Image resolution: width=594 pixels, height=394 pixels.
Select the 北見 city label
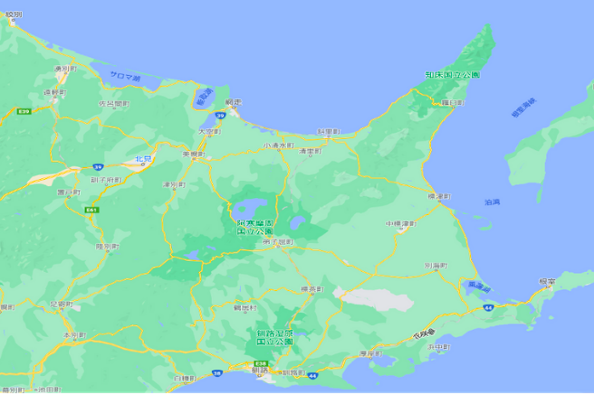point(142,159)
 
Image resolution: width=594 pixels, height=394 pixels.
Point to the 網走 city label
point(234,103)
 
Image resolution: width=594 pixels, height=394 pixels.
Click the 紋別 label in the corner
point(13,14)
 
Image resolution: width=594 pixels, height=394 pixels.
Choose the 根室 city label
point(548,281)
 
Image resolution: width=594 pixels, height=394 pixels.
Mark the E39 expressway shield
point(24,111)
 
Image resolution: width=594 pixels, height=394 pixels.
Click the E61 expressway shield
point(92,210)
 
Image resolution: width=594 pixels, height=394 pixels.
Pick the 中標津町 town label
point(399,222)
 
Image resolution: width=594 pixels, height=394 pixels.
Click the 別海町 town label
point(436,266)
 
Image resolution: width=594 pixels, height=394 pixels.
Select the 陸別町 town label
point(107,245)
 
